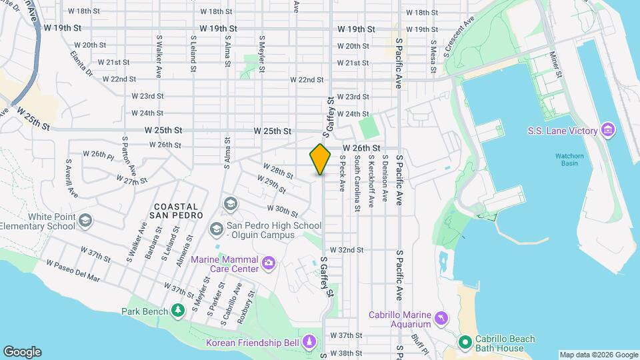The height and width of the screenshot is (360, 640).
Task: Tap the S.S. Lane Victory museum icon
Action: pyautogui.click(x=607, y=130)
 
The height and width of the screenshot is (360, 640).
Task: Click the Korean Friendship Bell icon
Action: pyautogui.click(x=309, y=342)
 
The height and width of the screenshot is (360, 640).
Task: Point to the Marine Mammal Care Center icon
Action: pyautogui.click(x=268, y=263)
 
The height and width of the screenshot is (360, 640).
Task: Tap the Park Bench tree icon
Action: pyautogui.click(x=177, y=311)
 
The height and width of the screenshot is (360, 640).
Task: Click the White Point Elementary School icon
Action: pyautogui.click(x=85, y=220)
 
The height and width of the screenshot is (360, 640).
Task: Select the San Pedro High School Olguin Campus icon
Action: pyautogui.click(x=216, y=229)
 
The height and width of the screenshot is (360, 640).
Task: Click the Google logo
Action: pyautogui.click(x=22, y=352)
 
